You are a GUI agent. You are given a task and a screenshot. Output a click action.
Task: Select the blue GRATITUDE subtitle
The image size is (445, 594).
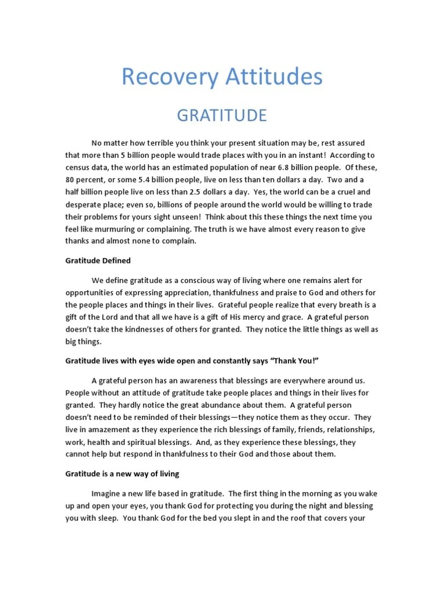(x=222, y=115)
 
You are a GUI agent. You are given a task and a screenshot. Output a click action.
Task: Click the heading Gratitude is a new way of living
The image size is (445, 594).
(x=122, y=474)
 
